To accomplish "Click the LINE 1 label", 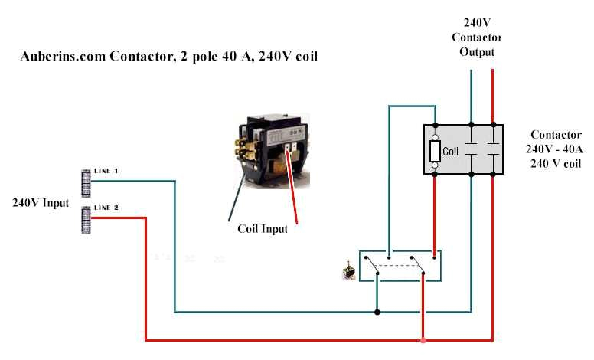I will [106, 172].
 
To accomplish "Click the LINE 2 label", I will [106, 208].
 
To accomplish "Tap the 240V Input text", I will [41, 203].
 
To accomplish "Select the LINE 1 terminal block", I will [86, 182].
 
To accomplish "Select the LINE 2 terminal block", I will [86, 219].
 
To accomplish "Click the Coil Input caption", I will [263, 229].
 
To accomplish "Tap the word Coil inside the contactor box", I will [451, 152].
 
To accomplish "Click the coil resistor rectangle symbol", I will [435, 151].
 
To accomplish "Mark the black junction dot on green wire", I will [377, 312].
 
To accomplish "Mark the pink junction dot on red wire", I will [423, 339].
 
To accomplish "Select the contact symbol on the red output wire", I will [492, 150].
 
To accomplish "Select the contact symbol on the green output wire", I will [471, 150].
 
